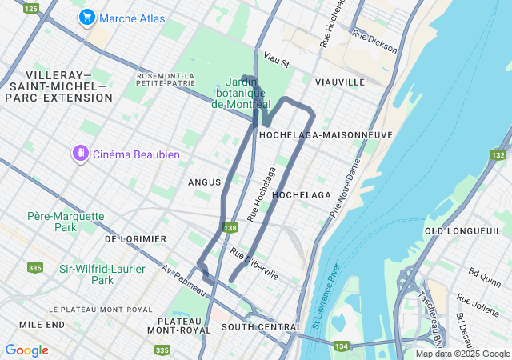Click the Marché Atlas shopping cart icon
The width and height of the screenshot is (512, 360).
click(86, 17)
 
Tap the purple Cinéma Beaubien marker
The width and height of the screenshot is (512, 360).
click(80, 154)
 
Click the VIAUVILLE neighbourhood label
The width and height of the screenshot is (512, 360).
click(339, 82)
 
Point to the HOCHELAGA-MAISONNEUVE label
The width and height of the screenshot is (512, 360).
click(326, 135)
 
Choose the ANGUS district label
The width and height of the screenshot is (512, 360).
click(203, 182)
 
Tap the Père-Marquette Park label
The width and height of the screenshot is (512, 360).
click(66, 222)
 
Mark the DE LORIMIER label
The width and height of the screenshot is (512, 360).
click(135, 239)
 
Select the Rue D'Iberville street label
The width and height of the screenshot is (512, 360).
click(254, 263)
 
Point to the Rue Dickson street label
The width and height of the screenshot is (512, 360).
click(374, 42)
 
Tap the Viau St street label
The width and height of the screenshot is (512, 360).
click(276, 60)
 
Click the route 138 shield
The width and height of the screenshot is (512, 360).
click(230, 228)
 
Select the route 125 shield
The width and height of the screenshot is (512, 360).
click(30, 8)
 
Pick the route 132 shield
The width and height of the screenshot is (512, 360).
click(499, 154)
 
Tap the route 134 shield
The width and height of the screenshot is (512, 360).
click(342, 346)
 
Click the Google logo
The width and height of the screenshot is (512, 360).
click(26, 350)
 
